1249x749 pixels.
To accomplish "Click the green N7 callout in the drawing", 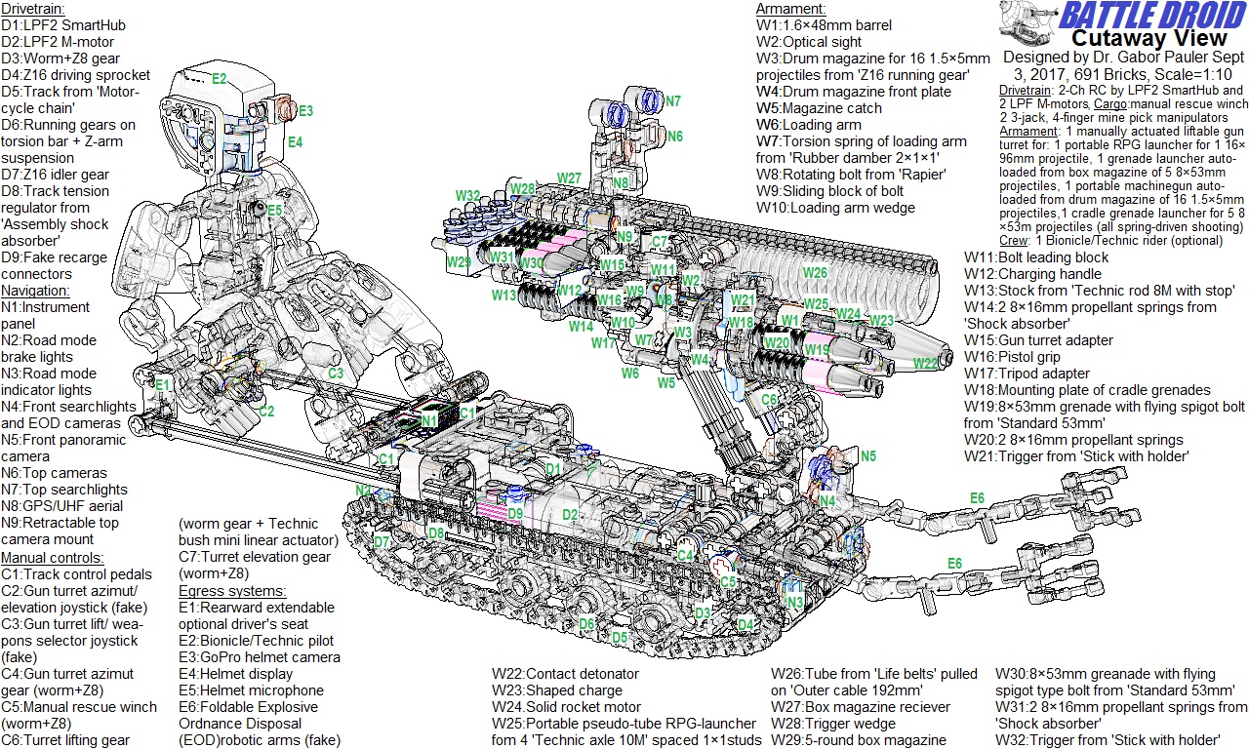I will click(673, 101).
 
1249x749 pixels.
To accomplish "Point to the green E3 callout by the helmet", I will click(305, 111).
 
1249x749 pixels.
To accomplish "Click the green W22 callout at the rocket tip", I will click(925, 363).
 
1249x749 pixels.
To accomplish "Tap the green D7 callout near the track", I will click(382, 541).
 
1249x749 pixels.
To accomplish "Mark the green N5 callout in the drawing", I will click(867, 455).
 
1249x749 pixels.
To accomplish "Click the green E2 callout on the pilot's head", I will click(219, 78).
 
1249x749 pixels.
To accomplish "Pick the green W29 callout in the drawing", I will click(459, 262).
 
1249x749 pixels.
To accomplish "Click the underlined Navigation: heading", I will click(35, 291).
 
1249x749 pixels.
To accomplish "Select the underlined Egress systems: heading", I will click(232, 591).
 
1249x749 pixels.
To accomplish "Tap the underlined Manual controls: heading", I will click(52, 558).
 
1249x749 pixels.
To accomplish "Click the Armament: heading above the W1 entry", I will click(789, 9).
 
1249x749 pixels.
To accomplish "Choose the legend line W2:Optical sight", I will click(809, 42).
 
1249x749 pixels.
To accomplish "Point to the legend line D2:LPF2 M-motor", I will click(58, 42).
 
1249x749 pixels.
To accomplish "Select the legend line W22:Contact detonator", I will click(566, 674).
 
